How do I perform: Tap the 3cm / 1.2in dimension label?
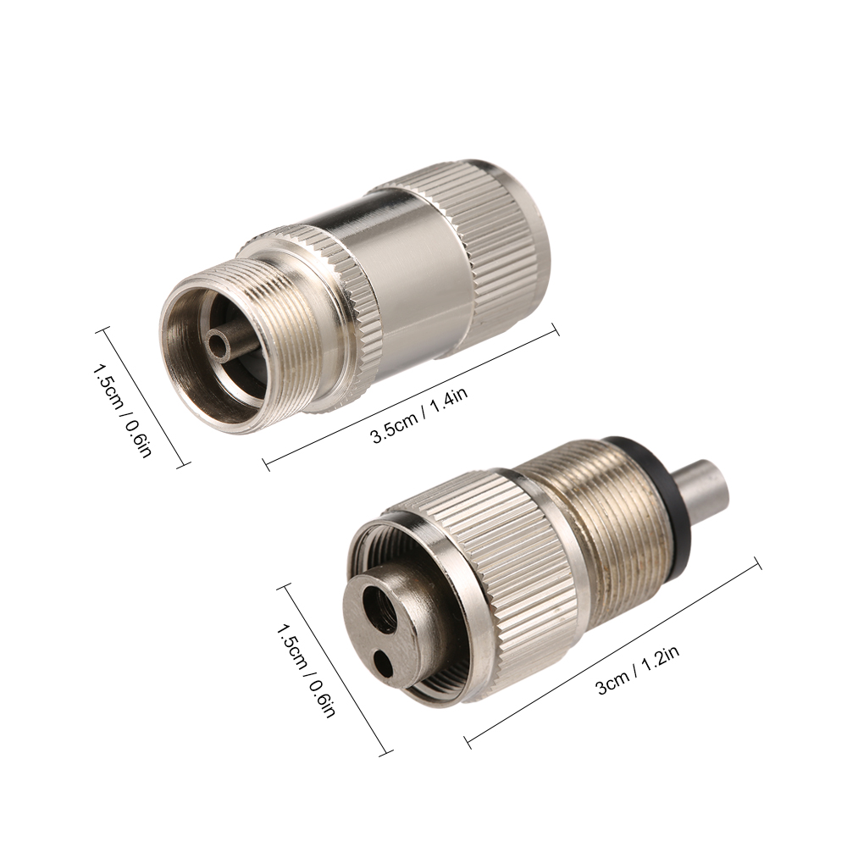click(638, 671)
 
